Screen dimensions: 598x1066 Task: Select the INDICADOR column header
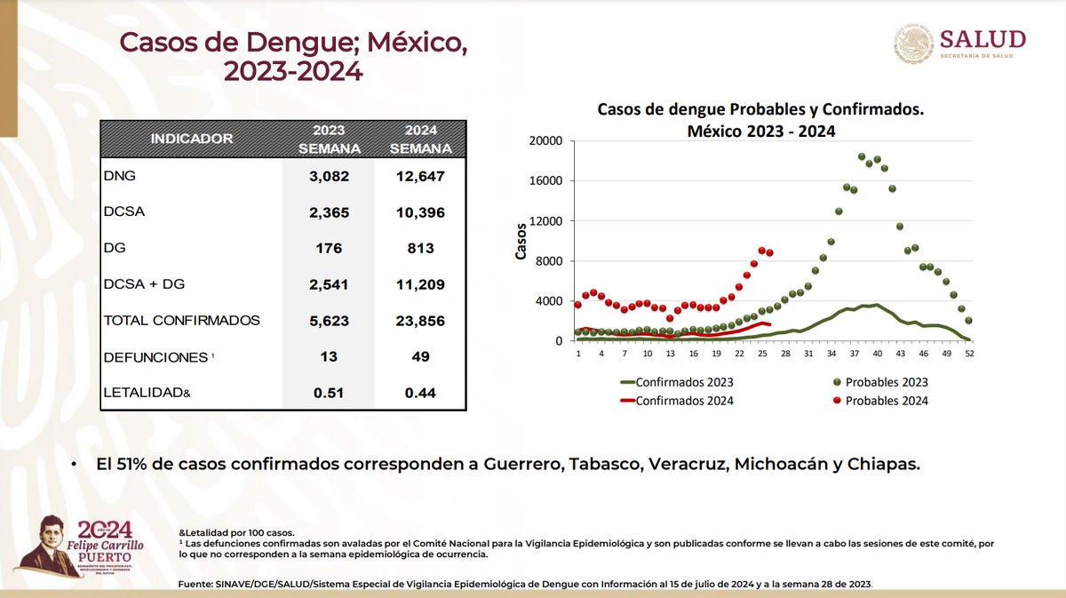click(191, 139)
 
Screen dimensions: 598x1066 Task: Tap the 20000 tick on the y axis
click(545, 140)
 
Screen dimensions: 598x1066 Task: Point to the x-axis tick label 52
click(968, 354)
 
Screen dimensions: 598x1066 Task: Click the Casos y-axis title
click(522, 241)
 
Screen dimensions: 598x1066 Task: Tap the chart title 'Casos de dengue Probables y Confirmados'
click(761, 109)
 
